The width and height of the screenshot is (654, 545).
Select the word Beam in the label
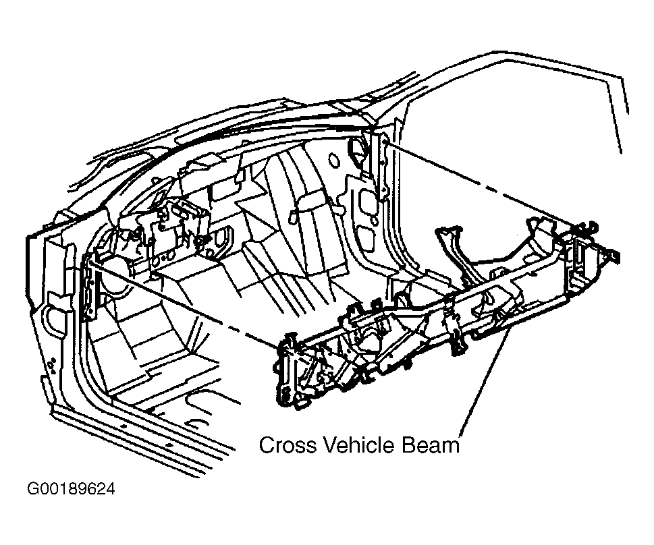click(431, 445)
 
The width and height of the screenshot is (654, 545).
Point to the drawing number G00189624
click(70, 489)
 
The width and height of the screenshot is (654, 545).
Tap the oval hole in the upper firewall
click(333, 160)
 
